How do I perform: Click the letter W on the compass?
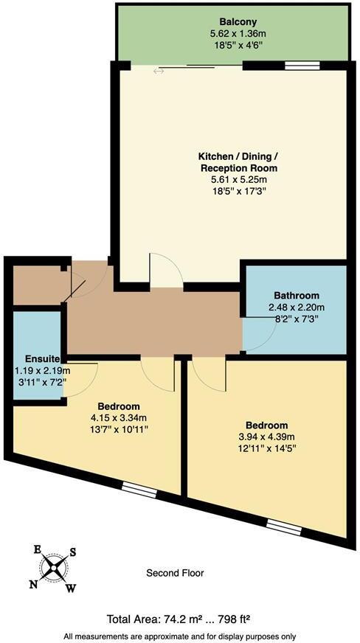click(72, 588)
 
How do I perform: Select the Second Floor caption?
click(175, 573)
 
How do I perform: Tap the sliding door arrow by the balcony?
click(159, 72)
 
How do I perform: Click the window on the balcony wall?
click(297, 66)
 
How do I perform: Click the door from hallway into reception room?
click(166, 271)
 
